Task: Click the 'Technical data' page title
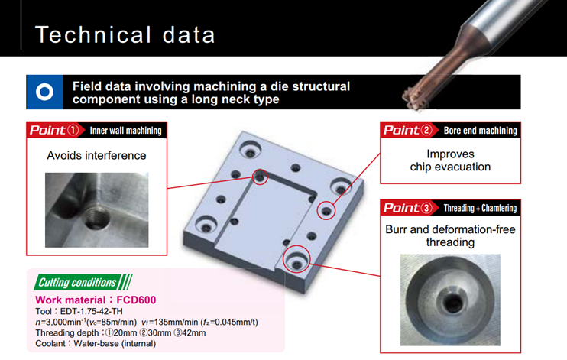click(125, 34)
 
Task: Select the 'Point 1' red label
click(54, 130)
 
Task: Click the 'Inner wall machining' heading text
click(125, 131)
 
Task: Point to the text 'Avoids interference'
click(96, 156)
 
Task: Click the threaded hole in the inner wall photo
click(96, 218)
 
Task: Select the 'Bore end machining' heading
click(480, 131)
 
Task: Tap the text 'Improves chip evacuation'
click(450, 161)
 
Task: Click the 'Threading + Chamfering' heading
click(480, 208)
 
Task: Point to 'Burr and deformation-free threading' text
click(450, 235)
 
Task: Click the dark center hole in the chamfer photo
click(452, 302)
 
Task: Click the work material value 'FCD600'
click(136, 300)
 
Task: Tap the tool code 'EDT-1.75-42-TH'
click(91, 312)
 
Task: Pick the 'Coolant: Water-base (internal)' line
click(96, 344)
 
